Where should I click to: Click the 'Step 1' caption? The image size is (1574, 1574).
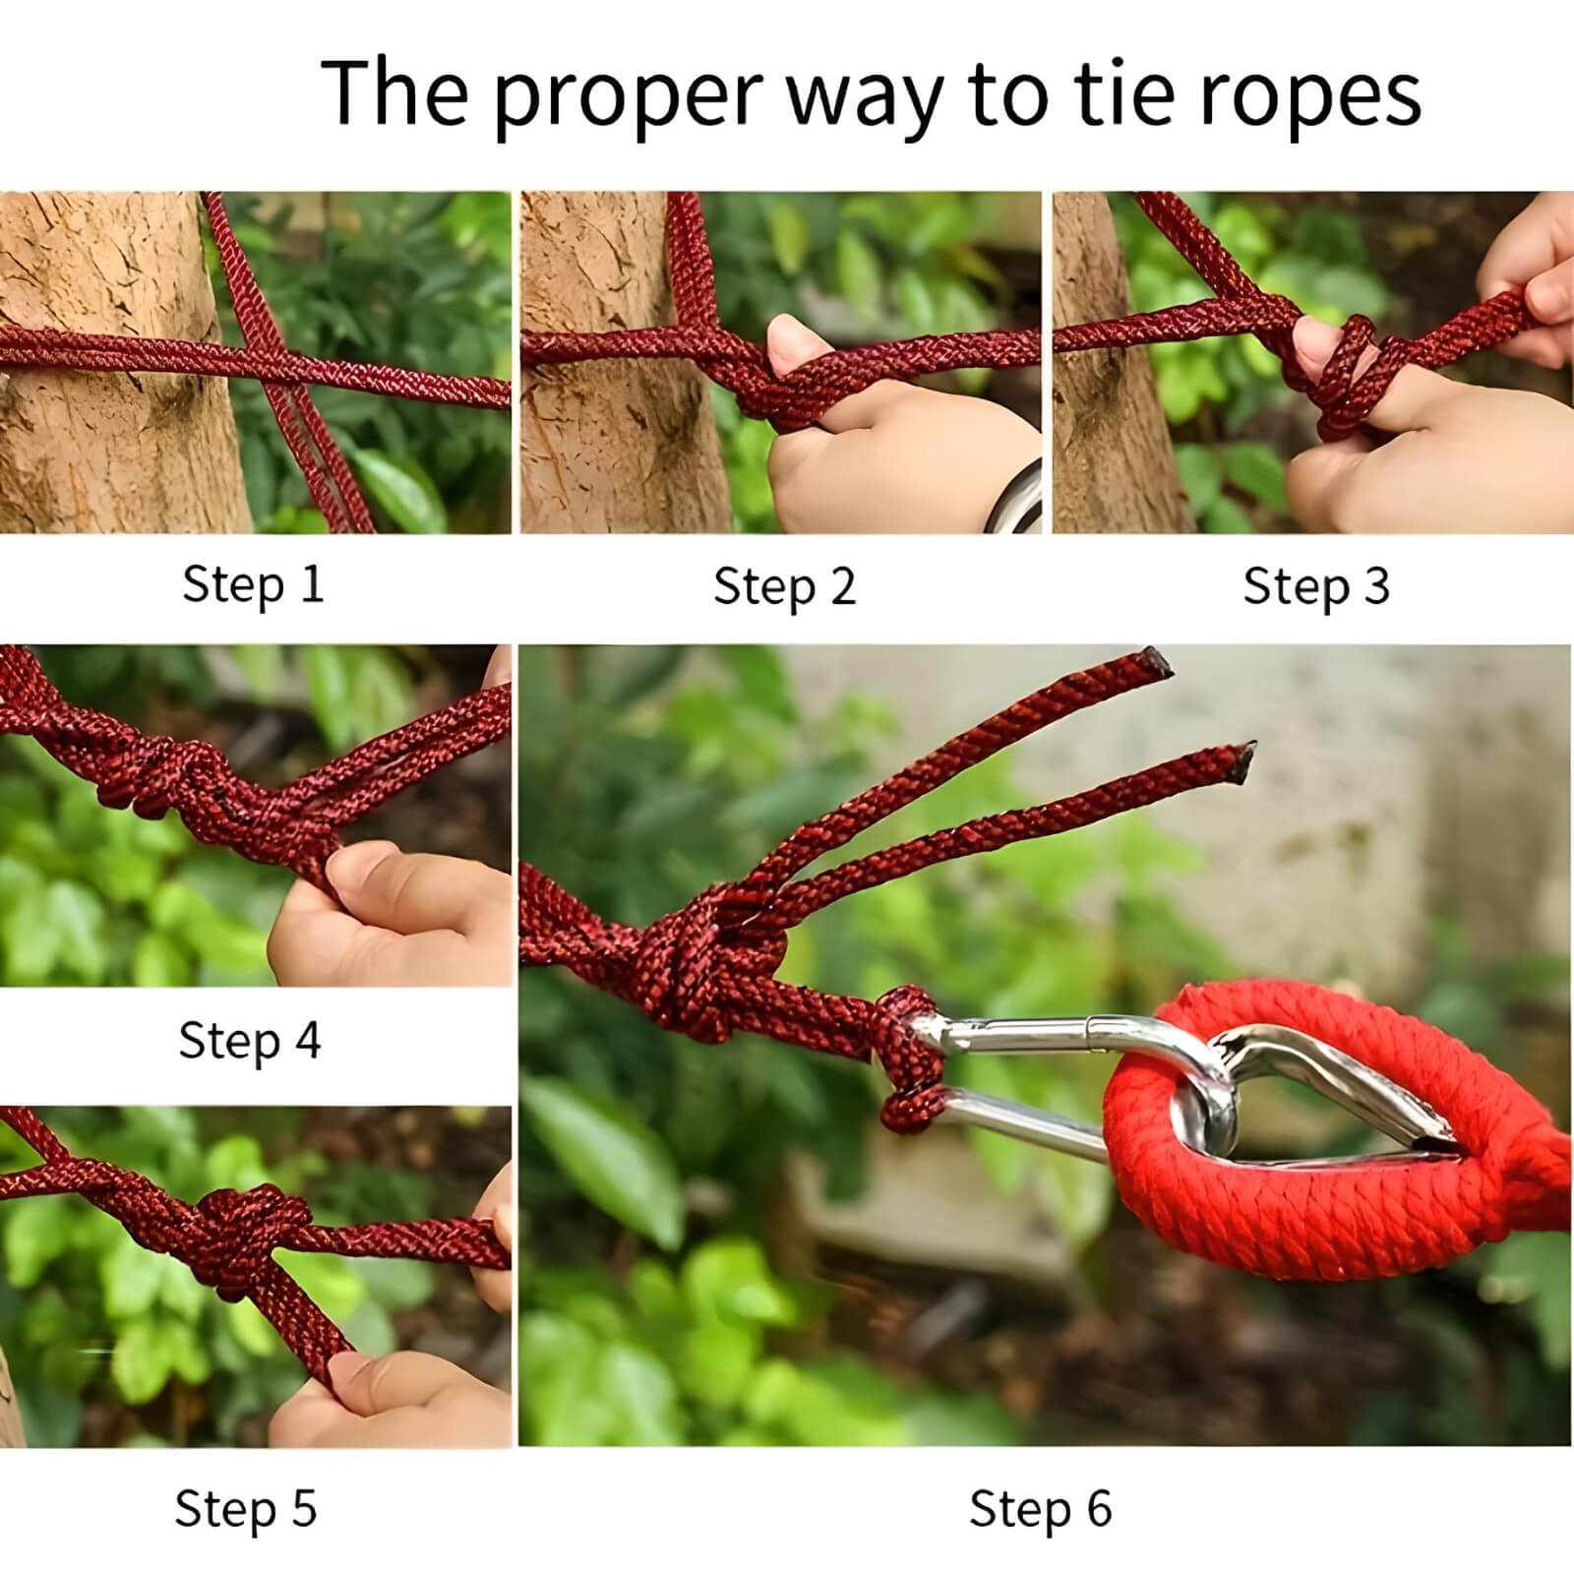click(x=253, y=584)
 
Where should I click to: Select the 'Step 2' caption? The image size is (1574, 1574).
click(x=784, y=586)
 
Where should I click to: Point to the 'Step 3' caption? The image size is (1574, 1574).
click(x=1315, y=586)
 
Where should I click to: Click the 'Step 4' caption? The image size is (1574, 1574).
click(x=249, y=1040)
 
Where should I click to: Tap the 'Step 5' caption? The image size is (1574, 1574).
click(x=246, y=1508)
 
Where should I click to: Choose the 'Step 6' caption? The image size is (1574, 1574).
click(x=1040, y=1508)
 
